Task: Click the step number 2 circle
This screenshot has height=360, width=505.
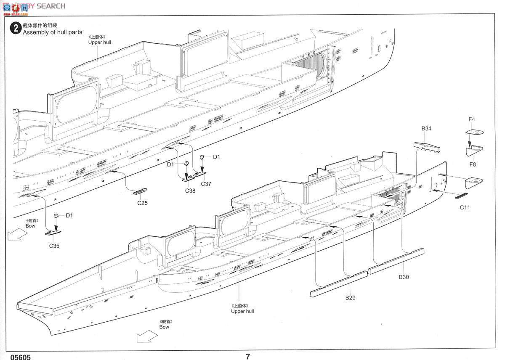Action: (16, 28)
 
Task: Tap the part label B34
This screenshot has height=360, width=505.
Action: (426, 129)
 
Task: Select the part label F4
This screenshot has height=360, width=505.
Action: (472, 119)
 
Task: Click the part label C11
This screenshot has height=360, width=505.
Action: (465, 207)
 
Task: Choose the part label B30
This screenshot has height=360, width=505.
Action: (404, 277)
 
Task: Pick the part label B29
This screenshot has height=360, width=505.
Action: (350, 297)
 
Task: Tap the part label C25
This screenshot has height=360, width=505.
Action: (142, 203)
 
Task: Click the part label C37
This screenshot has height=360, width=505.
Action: (206, 184)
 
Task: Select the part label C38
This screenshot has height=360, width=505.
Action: (190, 191)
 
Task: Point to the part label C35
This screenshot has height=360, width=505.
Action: (54, 246)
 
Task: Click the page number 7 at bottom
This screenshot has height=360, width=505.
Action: (248, 356)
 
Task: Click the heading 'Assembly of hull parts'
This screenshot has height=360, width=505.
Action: (53, 32)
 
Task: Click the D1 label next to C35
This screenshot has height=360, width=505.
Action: (69, 216)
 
